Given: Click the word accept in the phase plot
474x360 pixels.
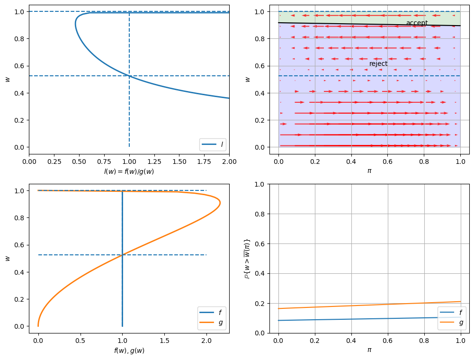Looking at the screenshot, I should (417, 23).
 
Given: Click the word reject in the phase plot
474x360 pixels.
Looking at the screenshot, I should (378, 63).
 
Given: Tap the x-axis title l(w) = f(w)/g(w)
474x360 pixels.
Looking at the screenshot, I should (129, 171).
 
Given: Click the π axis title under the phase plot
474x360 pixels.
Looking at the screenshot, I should (369, 171).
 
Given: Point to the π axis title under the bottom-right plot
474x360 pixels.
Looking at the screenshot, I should (369, 350).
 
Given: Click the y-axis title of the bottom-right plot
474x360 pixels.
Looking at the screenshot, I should (247, 258).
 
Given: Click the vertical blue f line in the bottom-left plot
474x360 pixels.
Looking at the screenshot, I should (123, 284).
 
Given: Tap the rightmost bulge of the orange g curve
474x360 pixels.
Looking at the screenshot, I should (220, 203).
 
